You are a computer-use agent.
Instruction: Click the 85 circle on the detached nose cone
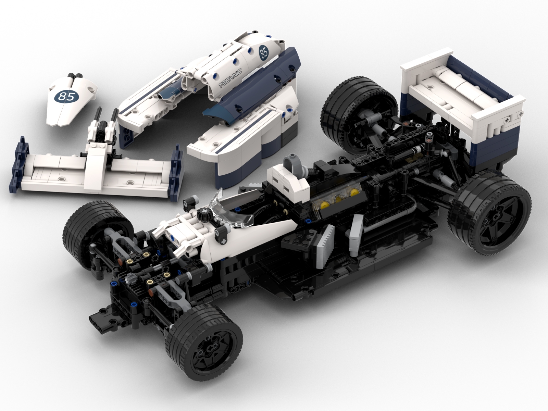pos(67,96)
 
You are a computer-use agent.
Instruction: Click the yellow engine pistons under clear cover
pos(337,201)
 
